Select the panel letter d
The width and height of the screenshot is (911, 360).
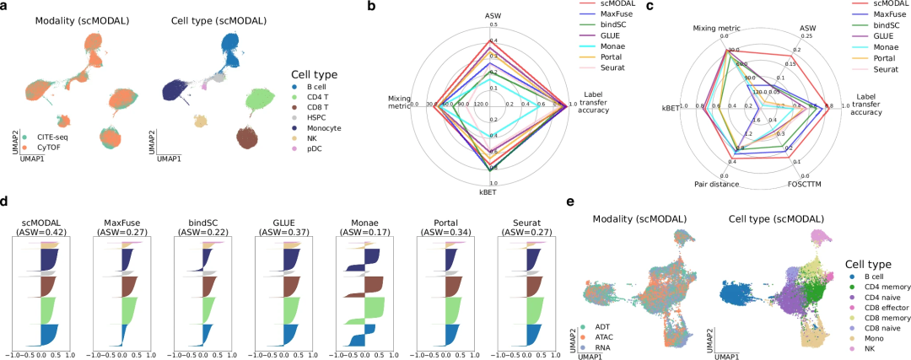pyautogui.click(x=6, y=202)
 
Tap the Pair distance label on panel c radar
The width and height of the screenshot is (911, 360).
pyautogui.click(x=717, y=184)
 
